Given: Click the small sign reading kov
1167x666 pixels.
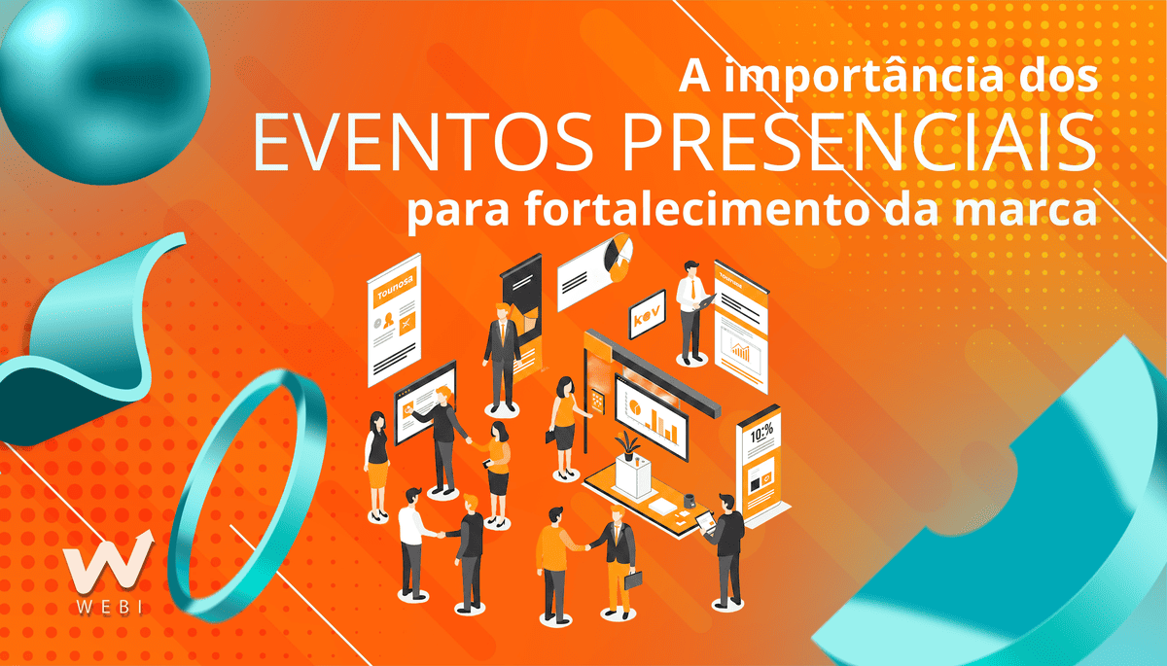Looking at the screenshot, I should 646,317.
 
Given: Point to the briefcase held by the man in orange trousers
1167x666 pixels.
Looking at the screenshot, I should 633,580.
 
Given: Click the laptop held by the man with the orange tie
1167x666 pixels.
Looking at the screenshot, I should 706,303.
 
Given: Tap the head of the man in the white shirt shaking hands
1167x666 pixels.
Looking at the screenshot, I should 413,496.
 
